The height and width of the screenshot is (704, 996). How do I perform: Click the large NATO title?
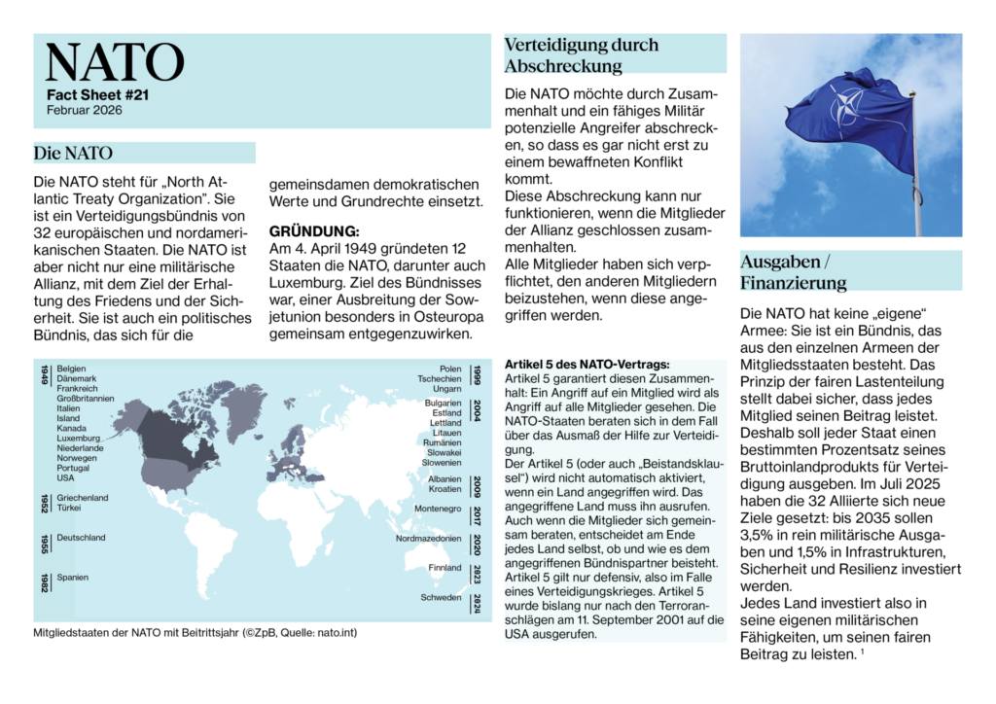click(115, 62)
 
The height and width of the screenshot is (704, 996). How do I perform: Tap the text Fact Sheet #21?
click(97, 95)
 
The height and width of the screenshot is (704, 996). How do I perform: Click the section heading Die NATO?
click(73, 153)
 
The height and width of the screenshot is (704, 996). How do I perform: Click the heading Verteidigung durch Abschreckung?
click(581, 55)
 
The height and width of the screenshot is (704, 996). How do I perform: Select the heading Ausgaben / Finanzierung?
click(793, 272)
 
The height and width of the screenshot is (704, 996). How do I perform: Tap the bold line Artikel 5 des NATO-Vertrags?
click(580, 364)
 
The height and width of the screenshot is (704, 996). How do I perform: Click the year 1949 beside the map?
click(45, 375)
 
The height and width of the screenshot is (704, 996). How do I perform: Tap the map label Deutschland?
click(81, 538)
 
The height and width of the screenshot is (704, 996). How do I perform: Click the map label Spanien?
click(73, 578)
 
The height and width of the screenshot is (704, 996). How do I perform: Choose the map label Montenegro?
click(438, 509)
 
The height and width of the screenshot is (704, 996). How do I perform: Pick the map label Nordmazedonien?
click(428, 538)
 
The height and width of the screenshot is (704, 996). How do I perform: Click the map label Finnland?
click(445, 568)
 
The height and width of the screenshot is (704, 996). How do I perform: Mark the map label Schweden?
click(441, 597)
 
